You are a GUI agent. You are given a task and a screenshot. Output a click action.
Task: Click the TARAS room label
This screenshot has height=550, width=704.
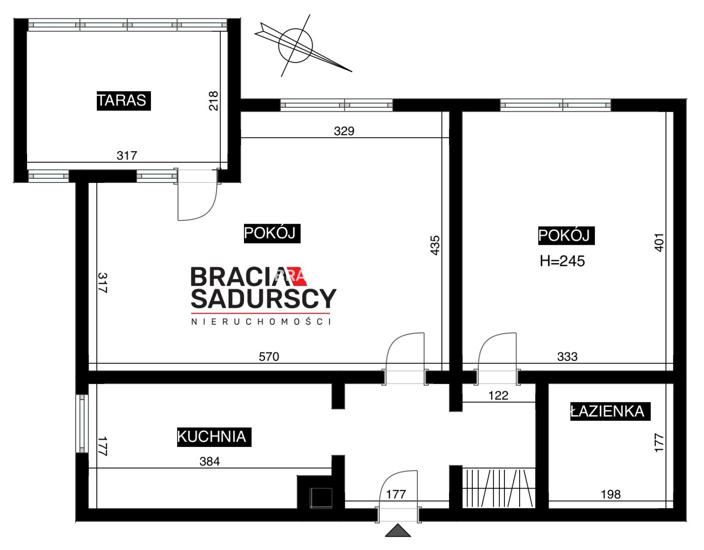(123, 101)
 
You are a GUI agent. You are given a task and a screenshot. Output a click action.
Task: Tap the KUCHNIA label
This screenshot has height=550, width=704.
(214, 437)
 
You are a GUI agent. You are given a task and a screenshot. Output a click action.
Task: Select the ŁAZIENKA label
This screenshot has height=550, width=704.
(610, 411)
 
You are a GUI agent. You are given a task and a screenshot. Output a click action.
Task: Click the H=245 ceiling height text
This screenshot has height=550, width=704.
(562, 261)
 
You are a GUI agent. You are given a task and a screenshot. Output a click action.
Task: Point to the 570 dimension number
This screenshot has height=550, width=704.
(269, 357)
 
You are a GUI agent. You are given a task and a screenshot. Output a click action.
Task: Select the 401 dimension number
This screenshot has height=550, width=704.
(659, 242)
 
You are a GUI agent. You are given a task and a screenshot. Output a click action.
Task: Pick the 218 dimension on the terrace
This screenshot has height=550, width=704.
(214, 101)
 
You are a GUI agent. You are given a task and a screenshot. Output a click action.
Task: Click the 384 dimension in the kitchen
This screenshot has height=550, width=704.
(210, 461)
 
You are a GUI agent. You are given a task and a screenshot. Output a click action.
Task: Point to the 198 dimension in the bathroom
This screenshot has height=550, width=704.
(611, 495)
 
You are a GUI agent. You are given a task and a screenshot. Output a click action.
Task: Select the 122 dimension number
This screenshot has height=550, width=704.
(498, 395)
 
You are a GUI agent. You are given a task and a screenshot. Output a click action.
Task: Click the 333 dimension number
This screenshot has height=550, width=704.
(567, 357)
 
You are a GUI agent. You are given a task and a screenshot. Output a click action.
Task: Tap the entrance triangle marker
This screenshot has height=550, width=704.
(398, 531)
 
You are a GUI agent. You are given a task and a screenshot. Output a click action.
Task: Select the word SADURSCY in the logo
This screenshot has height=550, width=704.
(263, 298)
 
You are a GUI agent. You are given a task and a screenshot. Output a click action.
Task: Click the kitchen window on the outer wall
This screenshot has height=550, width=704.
(82, 423)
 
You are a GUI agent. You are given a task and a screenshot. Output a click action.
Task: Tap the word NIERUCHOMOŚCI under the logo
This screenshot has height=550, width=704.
(261, 321)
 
